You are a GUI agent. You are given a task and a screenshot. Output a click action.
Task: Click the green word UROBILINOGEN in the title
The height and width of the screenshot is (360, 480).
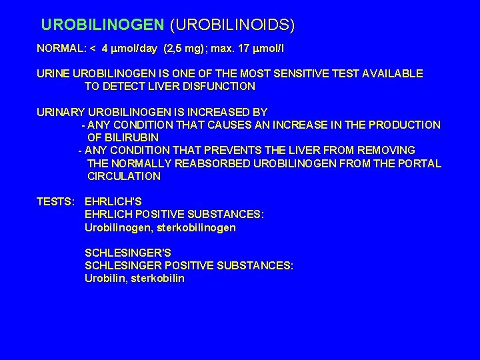(103, 25)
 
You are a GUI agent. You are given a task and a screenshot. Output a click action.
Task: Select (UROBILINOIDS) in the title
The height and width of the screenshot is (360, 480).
(232, 25)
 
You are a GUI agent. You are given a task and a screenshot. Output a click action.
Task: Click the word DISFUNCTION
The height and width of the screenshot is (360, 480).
(217, 86)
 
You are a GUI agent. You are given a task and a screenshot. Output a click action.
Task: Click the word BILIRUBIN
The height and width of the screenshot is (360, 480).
(130, 137)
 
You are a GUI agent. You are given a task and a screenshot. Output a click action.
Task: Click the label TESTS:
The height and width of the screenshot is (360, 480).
(55, 202)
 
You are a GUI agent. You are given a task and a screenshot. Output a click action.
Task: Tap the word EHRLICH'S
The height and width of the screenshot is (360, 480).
(114, 202)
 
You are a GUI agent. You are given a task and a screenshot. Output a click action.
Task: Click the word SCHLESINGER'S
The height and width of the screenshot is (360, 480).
(128, 253)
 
